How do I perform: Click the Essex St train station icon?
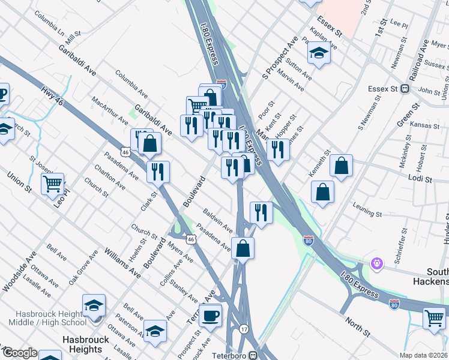pos(405,89)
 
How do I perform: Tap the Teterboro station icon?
pos(253,355)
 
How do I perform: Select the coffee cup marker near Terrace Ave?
pos(210,316)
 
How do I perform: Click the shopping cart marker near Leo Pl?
pos(53,183)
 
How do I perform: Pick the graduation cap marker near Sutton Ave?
pos(319,53)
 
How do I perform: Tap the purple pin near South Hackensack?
pos(377,263)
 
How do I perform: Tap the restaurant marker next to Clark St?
pos(158,172)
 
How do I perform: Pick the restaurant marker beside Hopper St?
pos(278,149)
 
